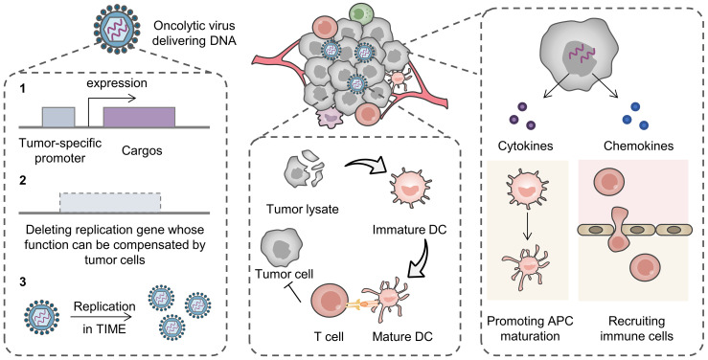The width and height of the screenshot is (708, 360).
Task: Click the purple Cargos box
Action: (139, 118)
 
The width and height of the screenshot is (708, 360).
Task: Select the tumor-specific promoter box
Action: (58, 118)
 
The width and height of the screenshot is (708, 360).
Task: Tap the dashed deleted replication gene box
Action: (110, 203)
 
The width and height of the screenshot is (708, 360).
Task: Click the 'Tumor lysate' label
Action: (303, 210)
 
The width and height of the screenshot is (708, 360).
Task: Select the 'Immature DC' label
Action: (409, 230)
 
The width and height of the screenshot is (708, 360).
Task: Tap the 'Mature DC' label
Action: (402, 336)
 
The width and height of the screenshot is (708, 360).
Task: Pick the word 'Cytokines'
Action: (526, 146)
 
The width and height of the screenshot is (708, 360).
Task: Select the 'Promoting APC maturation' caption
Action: (530, 328)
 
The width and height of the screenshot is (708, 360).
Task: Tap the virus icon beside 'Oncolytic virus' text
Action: (115, 30)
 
